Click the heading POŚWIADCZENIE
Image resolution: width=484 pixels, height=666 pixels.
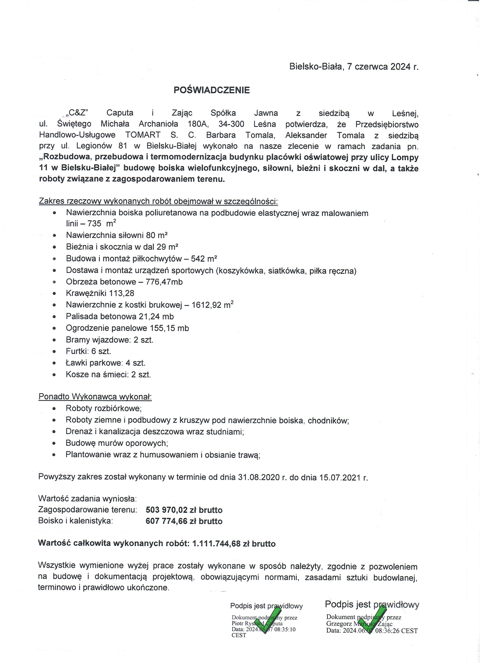(x=212, y=90)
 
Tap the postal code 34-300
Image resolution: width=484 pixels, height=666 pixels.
(x=231, y=124)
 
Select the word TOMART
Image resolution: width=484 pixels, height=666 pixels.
(x=143, y=135)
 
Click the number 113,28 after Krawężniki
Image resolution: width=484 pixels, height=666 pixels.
(x=122, y=293)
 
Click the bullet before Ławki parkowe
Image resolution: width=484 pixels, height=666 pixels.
(x=54, y=363)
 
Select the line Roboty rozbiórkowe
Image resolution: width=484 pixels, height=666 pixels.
(x=104, y=408)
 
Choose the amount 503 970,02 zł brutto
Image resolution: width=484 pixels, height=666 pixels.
(x=184, y=510)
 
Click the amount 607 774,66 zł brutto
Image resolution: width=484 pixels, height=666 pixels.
(x=184, y=521)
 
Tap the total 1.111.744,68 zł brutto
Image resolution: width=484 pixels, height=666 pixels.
(x=234, y=544)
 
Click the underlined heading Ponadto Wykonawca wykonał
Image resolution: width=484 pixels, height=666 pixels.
(x=95, y=397)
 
